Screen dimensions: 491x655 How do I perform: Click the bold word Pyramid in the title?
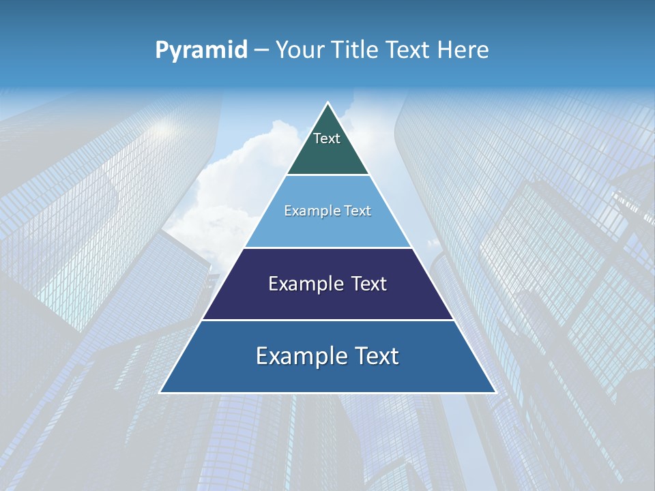click(x=201, y=50)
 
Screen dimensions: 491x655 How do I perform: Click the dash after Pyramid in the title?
click(x=261, y=50)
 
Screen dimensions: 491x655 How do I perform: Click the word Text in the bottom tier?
click(x=373, y=356)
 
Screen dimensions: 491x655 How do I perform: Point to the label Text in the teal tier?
click(x=327, y=138)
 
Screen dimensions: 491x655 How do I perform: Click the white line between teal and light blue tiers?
click(x=327, y=175)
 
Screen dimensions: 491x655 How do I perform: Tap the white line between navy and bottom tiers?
click(x=327, y=320)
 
